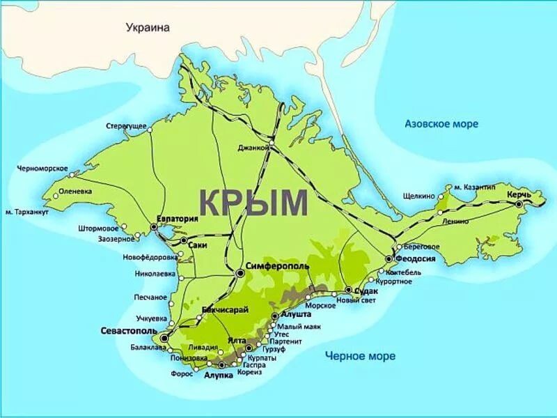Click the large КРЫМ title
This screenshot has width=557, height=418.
tap(254, 202)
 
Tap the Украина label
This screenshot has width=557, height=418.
tap(148, 27)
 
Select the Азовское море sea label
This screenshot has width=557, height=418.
tap(441, 124)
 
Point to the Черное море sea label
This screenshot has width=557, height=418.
tap(360, 357)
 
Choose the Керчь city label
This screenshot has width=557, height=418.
tap(519, 194)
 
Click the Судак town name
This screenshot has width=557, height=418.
tap(366, 291)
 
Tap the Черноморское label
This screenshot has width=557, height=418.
tap(42, 169)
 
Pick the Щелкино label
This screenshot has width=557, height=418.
tap(418, 196)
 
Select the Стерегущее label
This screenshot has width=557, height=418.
tap(126, 125)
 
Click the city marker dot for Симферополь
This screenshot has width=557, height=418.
tap(240, 273)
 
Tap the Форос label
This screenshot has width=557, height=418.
tap(181, 373)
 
